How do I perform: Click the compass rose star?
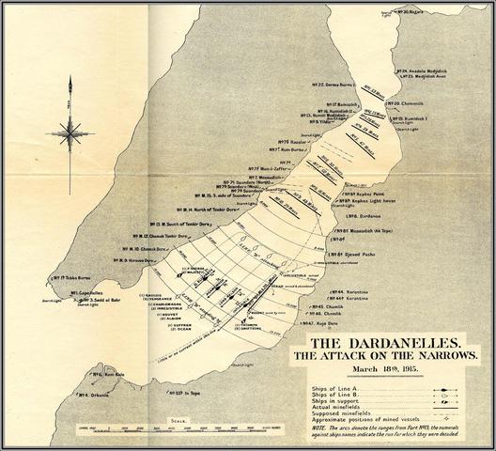click(70, 133)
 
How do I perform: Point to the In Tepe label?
click(194, 392)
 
